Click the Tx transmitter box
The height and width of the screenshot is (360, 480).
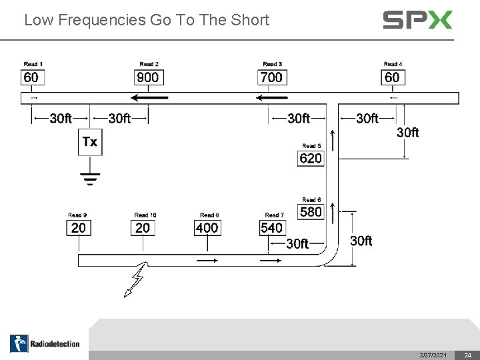pos(90,142)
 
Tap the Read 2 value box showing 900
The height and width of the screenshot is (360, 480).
pos(148,77)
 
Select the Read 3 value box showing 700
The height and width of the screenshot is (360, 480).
pos(271,77)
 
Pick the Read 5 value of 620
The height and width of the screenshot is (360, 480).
pos(311,158)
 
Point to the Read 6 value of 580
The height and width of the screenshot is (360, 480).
pos(311,212)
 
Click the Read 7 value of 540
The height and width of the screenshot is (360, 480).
pos(272,228)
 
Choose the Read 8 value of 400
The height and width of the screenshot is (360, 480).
pos(207,228)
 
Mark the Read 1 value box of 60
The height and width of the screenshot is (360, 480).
pos(31,77)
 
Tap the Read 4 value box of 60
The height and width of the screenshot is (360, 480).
pos(392,77)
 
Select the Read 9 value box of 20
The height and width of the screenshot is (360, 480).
pos(78,228)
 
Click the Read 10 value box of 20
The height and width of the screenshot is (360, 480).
pos(143,228)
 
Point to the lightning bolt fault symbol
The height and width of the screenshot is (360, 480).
pos(135,281)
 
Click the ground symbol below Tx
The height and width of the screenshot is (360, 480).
pos(90,178)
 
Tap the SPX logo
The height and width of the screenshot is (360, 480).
pos(417,20)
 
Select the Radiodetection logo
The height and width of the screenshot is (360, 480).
pos(45,343)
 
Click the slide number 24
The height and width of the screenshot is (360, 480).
pos(468,355)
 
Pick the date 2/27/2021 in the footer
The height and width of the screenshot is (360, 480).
pos(433,355)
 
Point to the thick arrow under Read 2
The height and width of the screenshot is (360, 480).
pos(149,97)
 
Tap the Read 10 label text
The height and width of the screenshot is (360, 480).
pos(145,215)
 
